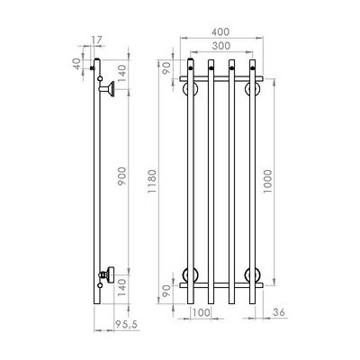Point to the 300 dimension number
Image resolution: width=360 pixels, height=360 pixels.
click(221, 44)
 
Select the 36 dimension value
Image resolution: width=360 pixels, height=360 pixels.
click(279, 312)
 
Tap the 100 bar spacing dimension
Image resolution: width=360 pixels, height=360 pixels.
click(201, 312)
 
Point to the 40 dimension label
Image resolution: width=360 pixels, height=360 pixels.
click(77, 64)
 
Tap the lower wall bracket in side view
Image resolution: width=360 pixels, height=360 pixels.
click(108, 274)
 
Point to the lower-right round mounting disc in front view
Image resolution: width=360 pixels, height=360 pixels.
click(253, 274)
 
